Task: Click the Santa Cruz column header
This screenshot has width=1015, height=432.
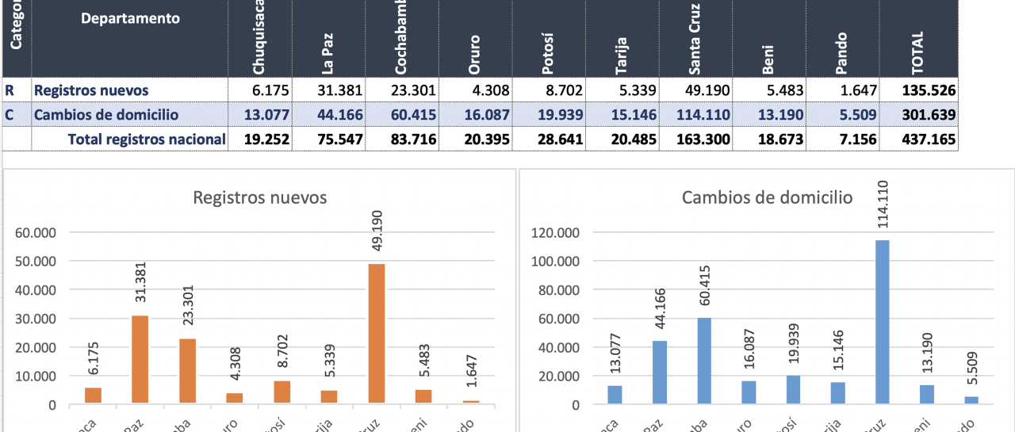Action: click(693, 38)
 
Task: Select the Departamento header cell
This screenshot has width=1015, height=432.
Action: click(130, 18)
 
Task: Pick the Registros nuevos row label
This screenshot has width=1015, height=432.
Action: click(91, 90)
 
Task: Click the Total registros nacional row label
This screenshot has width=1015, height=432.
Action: click(147, 140)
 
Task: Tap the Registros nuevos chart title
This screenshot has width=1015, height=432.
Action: click(260, 197)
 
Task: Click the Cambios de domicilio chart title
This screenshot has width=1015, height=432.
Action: click(767, 197)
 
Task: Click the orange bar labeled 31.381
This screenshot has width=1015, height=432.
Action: click(140, 360)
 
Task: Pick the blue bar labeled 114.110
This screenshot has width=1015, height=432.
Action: click(882, 322)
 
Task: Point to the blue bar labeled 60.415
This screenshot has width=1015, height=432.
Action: click(704, 361)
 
